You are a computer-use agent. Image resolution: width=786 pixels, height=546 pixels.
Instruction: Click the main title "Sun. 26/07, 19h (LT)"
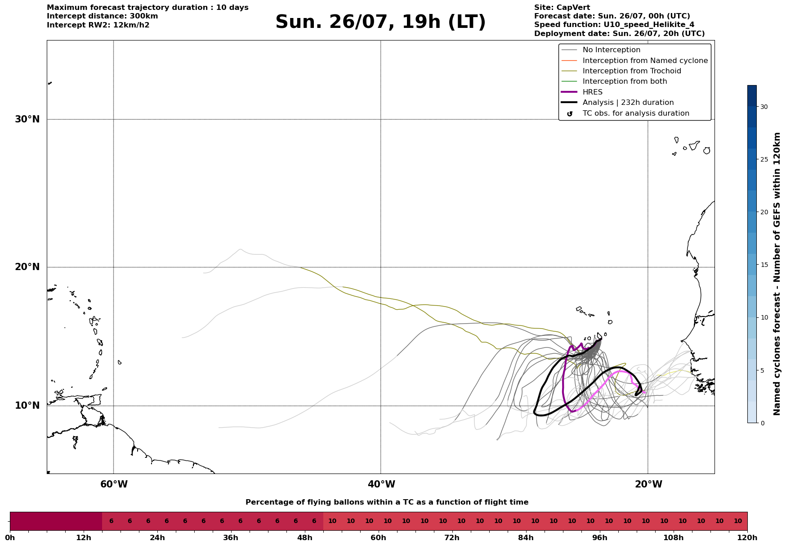click(x=380, y=22)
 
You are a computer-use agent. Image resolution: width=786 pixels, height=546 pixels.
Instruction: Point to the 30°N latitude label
click(x=27, y=119)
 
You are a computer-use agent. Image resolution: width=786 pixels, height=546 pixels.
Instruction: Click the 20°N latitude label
click(x=27, y=267)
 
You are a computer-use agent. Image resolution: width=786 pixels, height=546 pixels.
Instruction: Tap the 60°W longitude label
click(x=114, y=484)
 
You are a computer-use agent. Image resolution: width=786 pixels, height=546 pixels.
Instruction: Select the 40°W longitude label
click(x=381, y=484)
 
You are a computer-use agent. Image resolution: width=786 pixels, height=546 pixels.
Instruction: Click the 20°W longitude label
click(x=648, y=484)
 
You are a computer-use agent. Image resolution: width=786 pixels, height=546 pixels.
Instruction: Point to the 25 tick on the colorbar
click(x=764, y=159)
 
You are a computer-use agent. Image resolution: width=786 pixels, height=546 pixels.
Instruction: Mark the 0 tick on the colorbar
click(x=762, y=423)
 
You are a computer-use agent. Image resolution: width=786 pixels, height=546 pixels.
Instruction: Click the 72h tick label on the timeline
click(x=452, y=538)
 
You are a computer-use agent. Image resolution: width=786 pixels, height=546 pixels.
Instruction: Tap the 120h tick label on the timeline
click(x=747, y=538)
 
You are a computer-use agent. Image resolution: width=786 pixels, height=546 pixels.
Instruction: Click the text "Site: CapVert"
click(x=562, y=8)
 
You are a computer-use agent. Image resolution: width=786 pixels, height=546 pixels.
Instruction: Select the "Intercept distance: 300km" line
click(x=103, y=16)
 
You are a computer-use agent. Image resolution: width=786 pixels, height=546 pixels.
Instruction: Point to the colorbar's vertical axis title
click(x=777, y=274)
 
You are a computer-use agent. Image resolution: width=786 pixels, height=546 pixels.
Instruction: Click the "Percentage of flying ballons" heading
click(x=387, y=502)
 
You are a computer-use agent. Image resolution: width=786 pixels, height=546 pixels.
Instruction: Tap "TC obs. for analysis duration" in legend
click(x=636, y=113)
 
